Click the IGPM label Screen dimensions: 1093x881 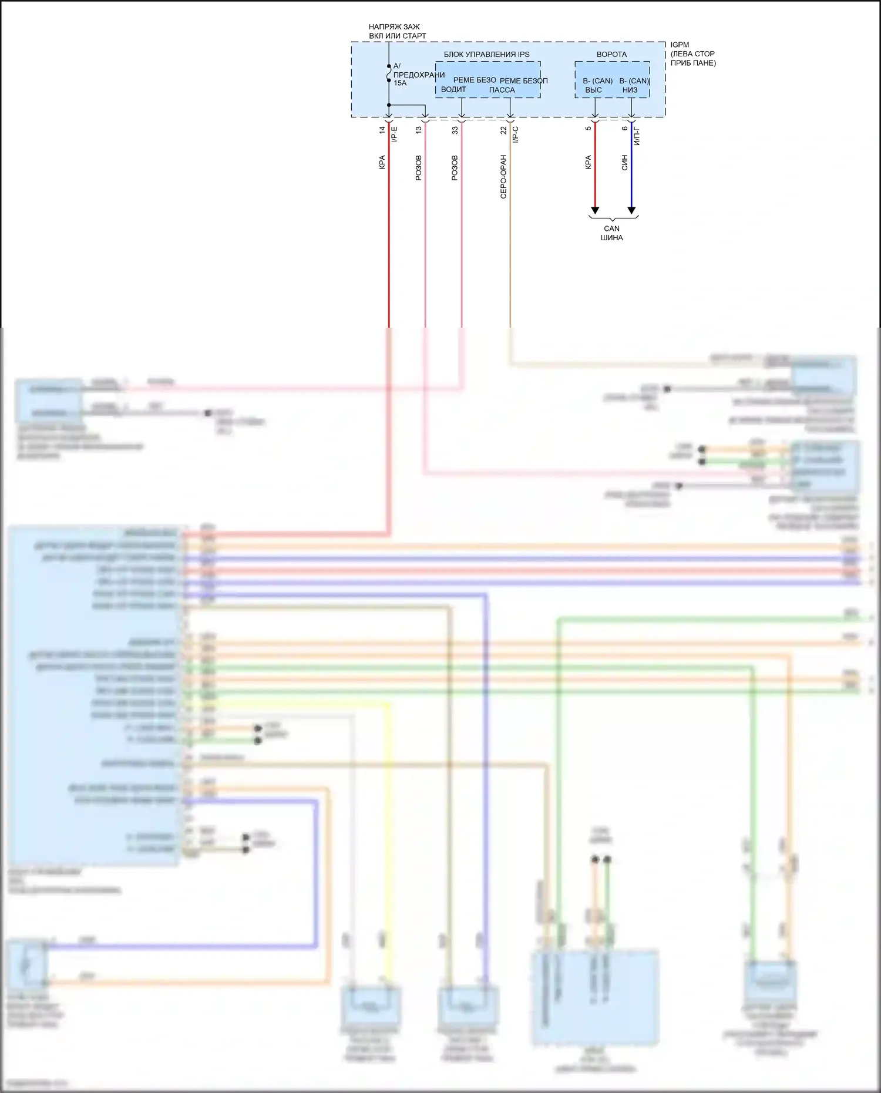point(680,45)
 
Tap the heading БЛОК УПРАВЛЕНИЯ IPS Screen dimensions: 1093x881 point(486,55)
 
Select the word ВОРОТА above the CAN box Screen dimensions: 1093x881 point(611,55)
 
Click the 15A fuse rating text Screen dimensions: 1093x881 point(400,83)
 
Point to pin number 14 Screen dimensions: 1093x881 point(382,130)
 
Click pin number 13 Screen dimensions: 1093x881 point(418,130)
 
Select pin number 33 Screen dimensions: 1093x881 point(455,130)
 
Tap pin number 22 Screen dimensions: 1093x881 point(503,130)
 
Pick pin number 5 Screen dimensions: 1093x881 point(588,129)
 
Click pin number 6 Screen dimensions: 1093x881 point(624,129)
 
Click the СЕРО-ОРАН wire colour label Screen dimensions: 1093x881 point(503,177)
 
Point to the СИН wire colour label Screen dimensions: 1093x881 point(624,163)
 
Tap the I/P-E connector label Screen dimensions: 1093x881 point(395,134)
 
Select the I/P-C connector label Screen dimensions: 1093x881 point(516,134)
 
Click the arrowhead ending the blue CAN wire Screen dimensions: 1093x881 point(631,210)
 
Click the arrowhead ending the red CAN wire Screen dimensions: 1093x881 point(595,210)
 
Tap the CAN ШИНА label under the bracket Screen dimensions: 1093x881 point(611,233)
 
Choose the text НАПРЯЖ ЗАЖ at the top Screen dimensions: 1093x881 point(394,27)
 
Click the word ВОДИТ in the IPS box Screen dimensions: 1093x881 point(453,90)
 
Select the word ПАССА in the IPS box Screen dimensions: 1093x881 point(502,90)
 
